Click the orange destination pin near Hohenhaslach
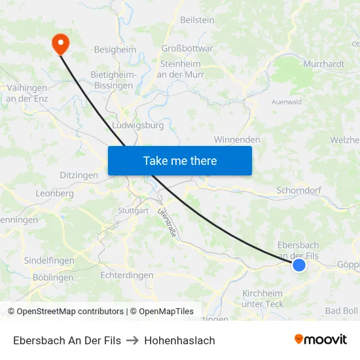[x=60, y=43]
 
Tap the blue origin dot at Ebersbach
[x=299, y=265]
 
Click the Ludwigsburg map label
[x=138, y=124]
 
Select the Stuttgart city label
[x=133, y=211]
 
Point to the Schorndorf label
[x=299, y=190]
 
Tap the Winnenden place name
[x=237, y=139]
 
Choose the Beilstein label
[x=197, y=20]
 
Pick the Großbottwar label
[x=187, y=48]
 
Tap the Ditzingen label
[x=79, y=175]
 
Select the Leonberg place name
[x=54, y=194]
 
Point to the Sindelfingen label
[x=49, y=261]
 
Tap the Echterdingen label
[x=126, y=276]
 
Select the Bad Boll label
[x=341, y=310]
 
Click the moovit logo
[x=321, y=340]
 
